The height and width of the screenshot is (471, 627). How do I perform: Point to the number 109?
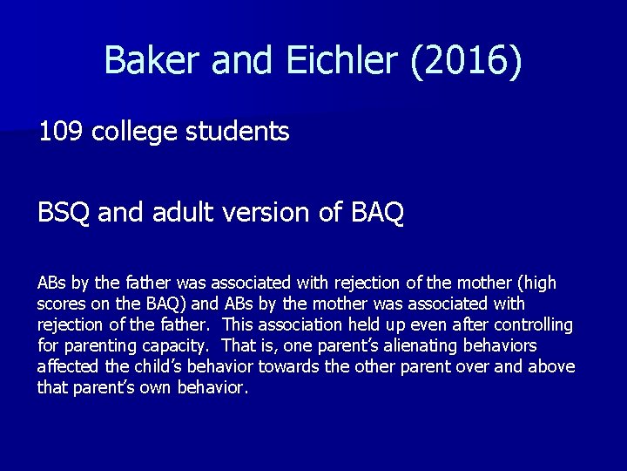tap(61, 133)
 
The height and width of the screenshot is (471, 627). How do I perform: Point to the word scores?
tap(59, 304)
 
